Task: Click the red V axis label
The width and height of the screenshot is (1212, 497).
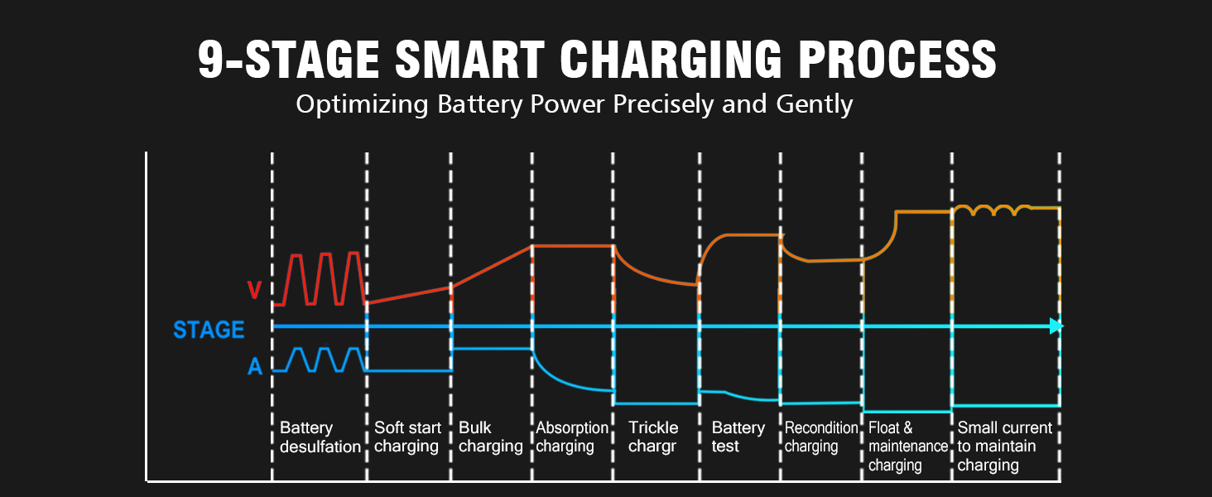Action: (255, 290)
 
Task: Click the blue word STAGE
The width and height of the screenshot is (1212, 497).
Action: (209, 330)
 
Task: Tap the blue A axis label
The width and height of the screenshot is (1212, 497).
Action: (255, 366)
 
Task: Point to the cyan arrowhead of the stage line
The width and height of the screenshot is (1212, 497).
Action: (1056, 326)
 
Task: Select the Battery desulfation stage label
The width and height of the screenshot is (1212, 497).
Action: (320, 437)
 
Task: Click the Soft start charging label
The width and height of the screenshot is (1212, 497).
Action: (407, 437)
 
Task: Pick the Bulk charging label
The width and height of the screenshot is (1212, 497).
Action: (490, 437)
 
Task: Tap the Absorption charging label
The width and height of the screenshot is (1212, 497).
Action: (572, 437)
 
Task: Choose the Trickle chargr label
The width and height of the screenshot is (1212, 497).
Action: (653, 437)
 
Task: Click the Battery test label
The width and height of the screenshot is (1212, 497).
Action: (738, 437)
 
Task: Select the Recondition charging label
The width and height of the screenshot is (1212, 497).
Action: (821, 437)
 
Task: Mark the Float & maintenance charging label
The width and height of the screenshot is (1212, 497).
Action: (907, 446)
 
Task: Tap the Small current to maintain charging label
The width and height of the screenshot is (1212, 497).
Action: (1004, 446)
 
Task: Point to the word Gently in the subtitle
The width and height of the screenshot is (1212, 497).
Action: (815, 105)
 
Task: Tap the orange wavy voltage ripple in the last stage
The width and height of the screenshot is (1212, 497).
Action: (993, 210)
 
